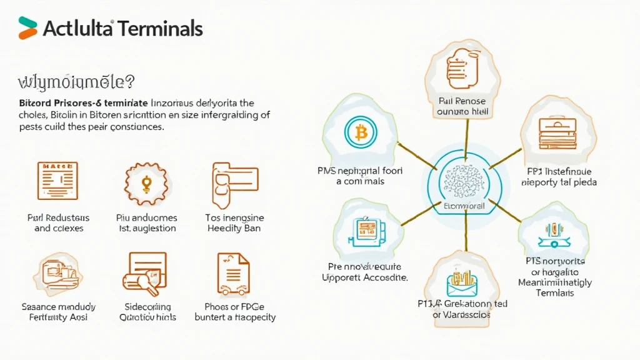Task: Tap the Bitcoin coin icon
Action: [361, 132]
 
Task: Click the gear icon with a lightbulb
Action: [147, 182]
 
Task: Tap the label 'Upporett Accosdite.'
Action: [364, 277]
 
